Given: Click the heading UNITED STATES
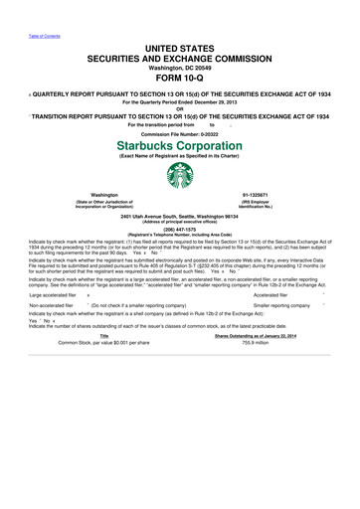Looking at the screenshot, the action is [179, 48].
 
